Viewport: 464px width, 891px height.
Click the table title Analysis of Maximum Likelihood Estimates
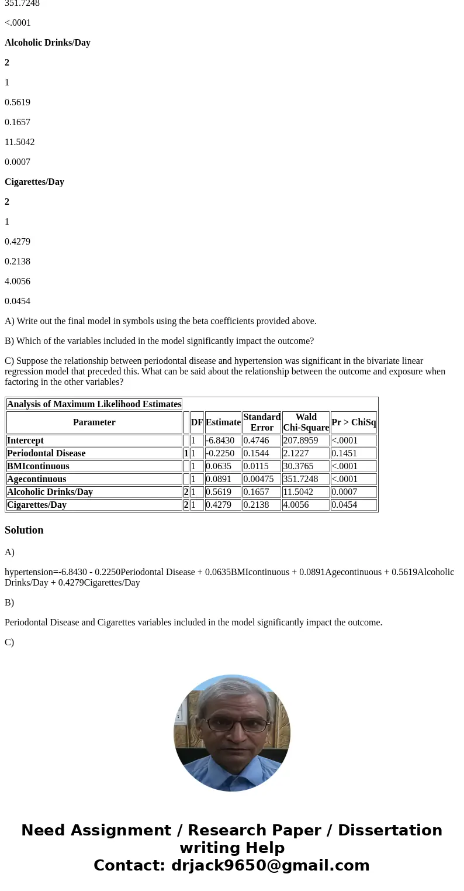pyautogui.click(x=94, y=404)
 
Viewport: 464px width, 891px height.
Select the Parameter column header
pyautogui.click(x=94, y=422)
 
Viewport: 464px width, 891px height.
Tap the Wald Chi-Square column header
pyautogui.click(x=306, y=422)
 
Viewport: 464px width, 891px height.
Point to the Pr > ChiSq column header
pyautogui.click(x=354, y=422)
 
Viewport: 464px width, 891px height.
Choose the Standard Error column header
pyautogui.click(x=262, y=422)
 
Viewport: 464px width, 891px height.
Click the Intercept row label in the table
pyautogui.click(x=25, y=441)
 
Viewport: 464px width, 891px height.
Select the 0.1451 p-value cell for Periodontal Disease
pyautogui.click(x=344, y=453)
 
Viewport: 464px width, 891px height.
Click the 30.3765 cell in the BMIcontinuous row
pyautogui.click(x=298, y=466)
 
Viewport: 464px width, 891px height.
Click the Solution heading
pyautogui.click(x=24, y=530)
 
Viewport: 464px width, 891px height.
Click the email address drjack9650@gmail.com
pyautogui.click(x=270, y=866)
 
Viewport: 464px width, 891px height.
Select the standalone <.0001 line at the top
pyautogui.click(x=18, y=23)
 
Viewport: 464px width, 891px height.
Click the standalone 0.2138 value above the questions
pyautogui.click(x=18, y=262)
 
